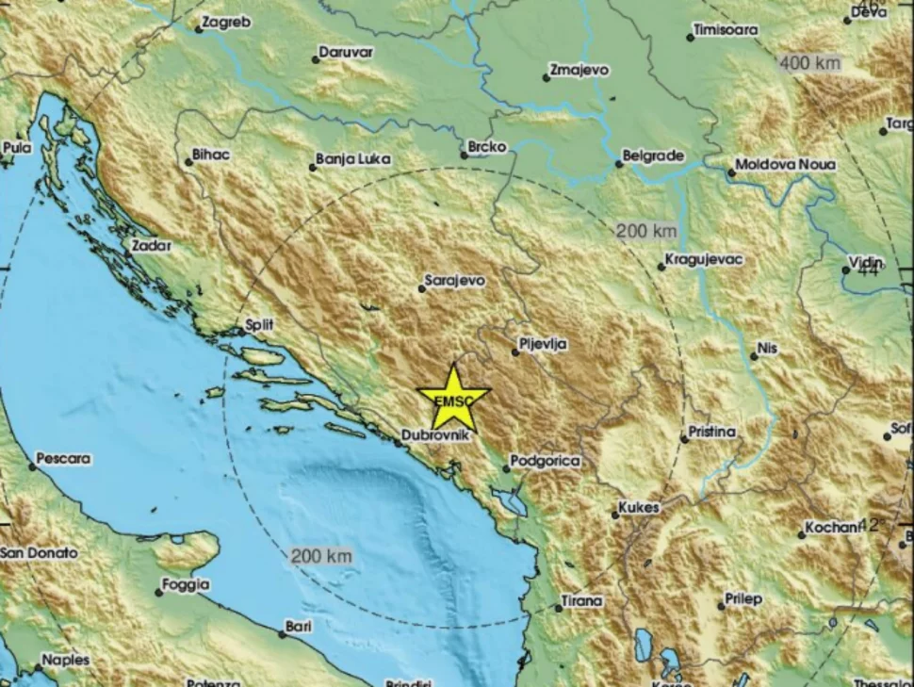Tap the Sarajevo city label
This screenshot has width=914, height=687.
pos(454,281)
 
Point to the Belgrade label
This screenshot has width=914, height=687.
pos(653,156)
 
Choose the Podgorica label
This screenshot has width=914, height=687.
pos(547,462)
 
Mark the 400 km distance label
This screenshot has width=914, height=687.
pos(809,63)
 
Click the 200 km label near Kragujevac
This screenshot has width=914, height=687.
pos(646,231)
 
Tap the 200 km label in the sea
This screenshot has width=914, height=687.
pos(321,556)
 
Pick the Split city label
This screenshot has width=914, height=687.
pos(259,325)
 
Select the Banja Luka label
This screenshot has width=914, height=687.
pos(353,160)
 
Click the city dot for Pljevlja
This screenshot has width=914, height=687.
pos(516,352)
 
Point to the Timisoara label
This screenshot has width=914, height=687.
pos(726,30)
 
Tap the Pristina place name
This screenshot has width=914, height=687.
pos(712,433)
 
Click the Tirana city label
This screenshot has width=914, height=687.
pos(581,601)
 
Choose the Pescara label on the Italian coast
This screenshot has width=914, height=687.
pos(64,460)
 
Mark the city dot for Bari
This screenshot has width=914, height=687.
pos(282,633)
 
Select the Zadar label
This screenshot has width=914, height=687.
pos(153,246)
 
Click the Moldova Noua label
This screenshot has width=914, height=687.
pos(785,165)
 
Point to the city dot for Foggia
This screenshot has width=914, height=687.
pos(159,592)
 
